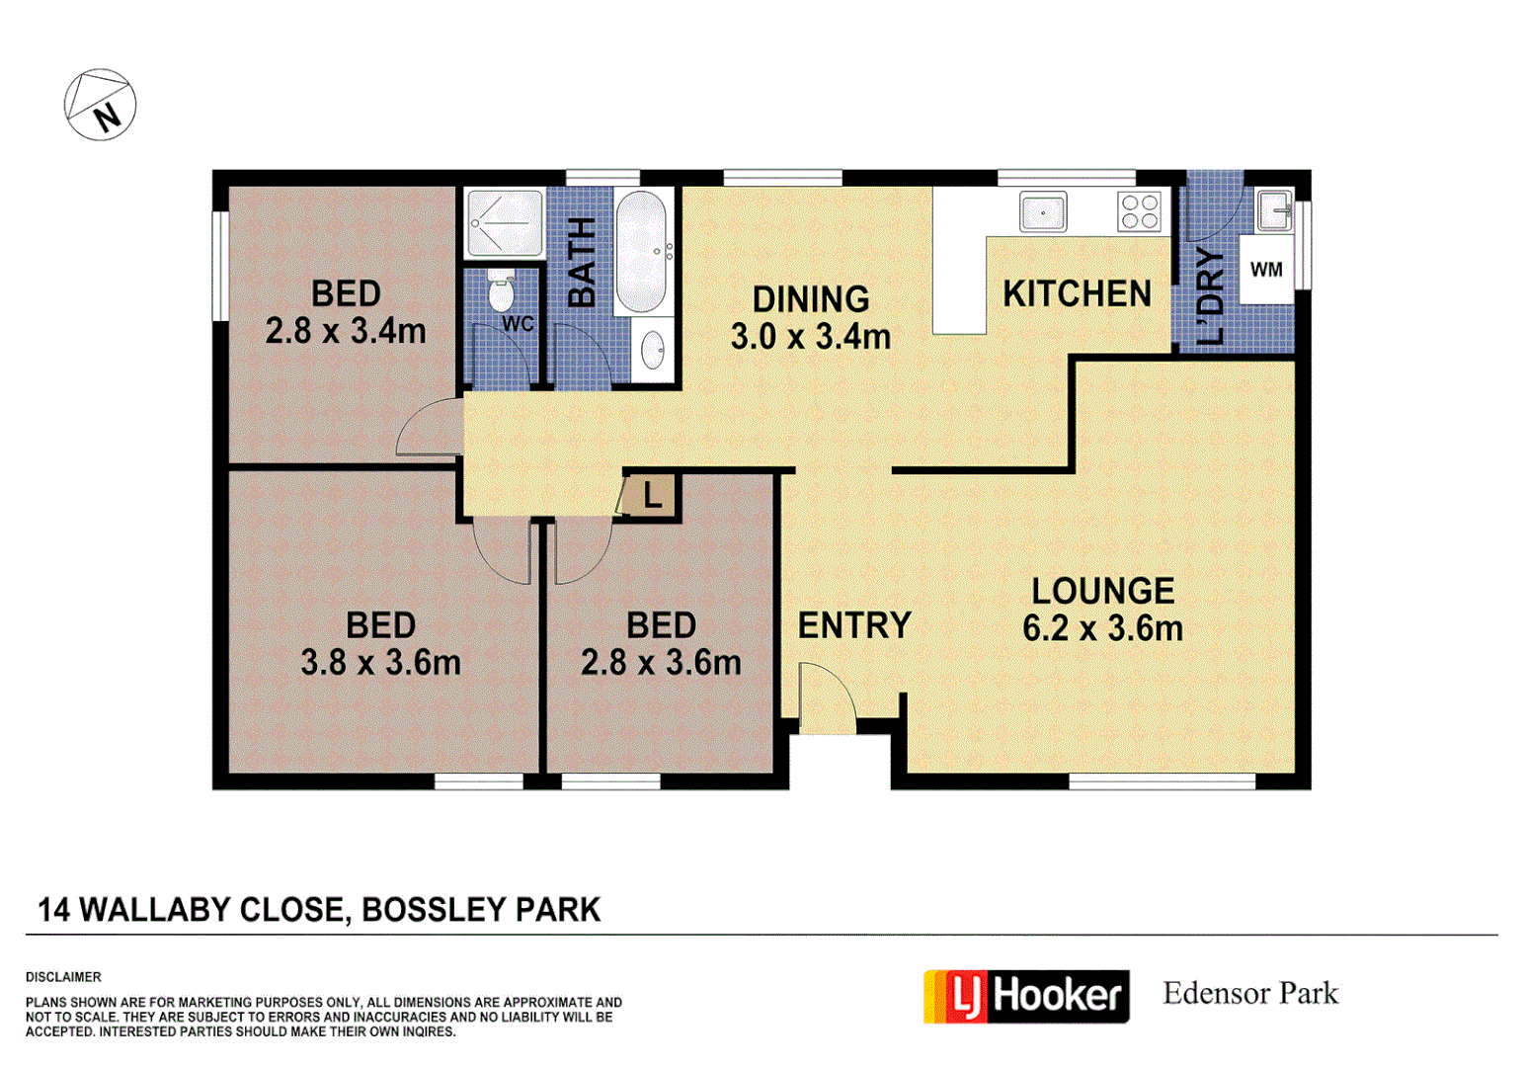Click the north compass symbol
coord(100,105)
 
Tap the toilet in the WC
coord(501,291)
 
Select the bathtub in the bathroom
coord(641,251)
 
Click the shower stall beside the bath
coord(505,222)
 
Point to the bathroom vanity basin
coord(652,349)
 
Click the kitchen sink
coord(1042,212)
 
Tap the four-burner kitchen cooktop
coord(1139,212)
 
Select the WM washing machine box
coord(1266,269)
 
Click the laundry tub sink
coord(1274,209)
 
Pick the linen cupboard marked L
coord(651,495)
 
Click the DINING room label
coord(811,298)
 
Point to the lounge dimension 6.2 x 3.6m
coord(1102,628)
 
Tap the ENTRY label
coord(854,625)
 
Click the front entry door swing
coord(826,699)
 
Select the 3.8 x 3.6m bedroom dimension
coord(380,662)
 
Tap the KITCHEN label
coord(1077,293)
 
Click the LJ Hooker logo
coord(1026,996)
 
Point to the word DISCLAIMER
coord(63,977)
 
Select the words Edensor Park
coord(1250,993)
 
